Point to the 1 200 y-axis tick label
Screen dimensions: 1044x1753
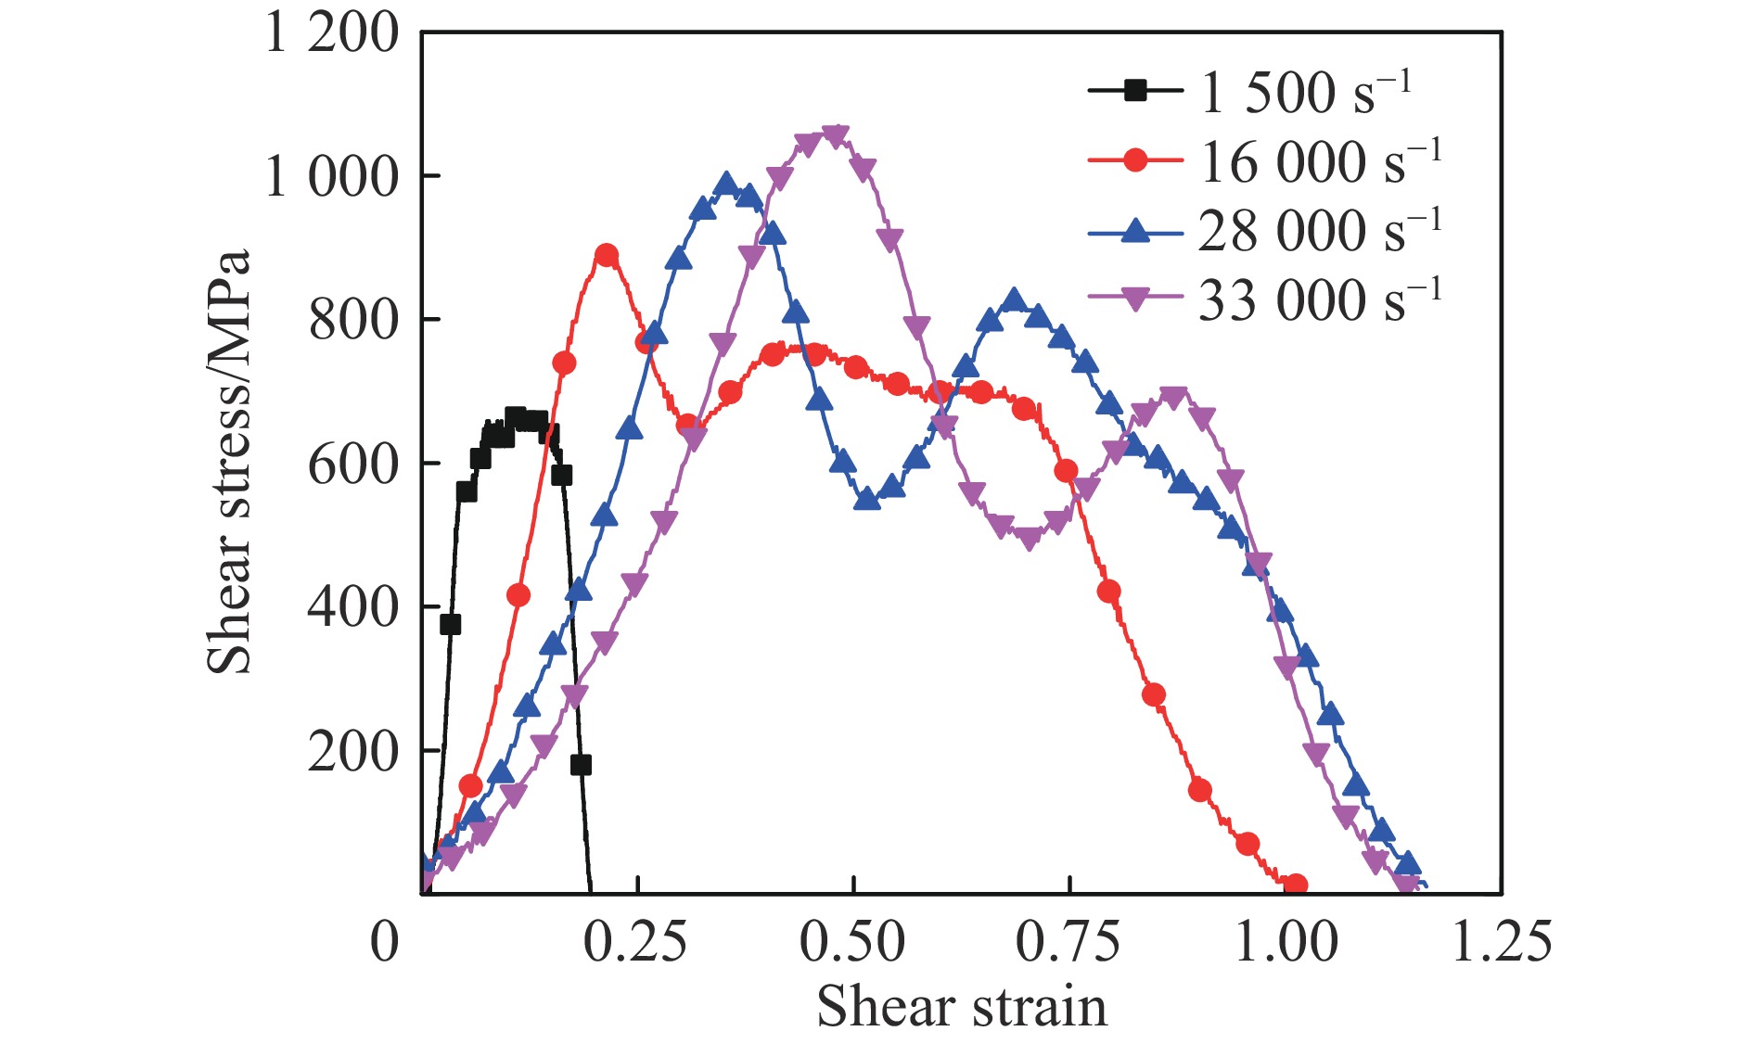pyautogui.click(x=332, y=33)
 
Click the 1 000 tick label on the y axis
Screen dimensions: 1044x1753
pyautogui.click(x=332, y=176)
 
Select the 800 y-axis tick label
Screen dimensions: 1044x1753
pyautogui.click(x=353, y=320)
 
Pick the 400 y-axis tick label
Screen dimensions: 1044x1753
pyautogui.click(x=353, y=607)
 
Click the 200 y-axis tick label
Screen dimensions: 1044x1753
pyautogui.click(x=353, y=751)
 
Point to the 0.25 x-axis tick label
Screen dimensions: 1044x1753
pyautogui.click(x=636, y=942)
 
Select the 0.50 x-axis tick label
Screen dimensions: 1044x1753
pyautogui.click(x=852, y=942)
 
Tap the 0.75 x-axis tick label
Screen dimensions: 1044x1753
pyautogui.click(x=1068, y=942)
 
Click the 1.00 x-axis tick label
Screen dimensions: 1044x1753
pyautogui.click(x=1286, y=942)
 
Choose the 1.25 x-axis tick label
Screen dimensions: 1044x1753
pyautogui.click(x=1501, y=942)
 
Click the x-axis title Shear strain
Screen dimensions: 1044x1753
pyautogui.click(x=962, y=1006)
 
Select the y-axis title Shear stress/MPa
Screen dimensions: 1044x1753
pyautogui.click(x=229, y=461)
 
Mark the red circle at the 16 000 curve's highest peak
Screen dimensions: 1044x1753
pyautogui.click(x=607, y=256)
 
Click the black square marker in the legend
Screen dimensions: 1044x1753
pyautogui.click(x=1135, y=91)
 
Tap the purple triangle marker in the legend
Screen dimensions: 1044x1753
pyautogui.click(x=1135, y=299)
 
